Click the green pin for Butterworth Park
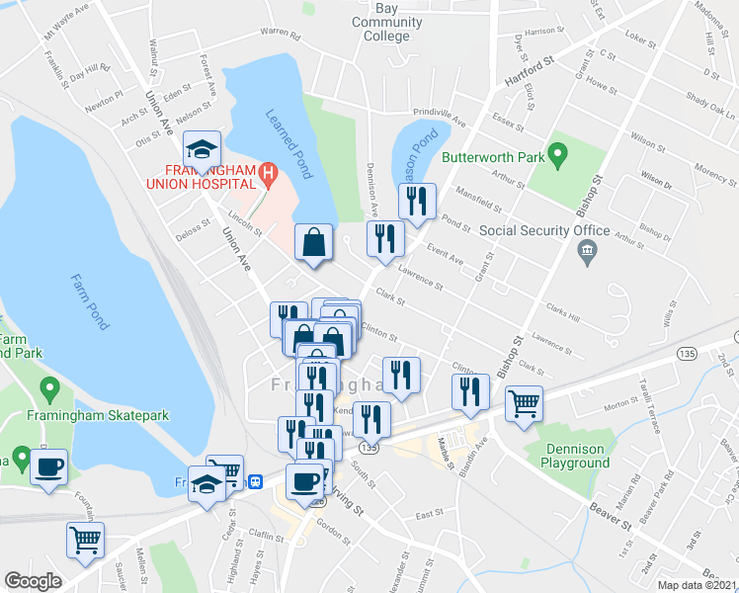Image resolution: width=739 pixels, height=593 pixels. [557, 155]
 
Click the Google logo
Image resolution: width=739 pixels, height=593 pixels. [33, 580]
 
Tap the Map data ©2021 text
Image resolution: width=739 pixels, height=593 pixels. [697, 585]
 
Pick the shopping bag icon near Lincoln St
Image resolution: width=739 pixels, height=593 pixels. [314, 242]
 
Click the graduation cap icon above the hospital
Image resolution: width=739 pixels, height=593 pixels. [203, 148]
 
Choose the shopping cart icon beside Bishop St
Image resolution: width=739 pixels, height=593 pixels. [524, 402]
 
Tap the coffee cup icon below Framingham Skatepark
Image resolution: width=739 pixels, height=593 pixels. [48, 467]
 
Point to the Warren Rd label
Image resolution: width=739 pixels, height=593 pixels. [280, 34]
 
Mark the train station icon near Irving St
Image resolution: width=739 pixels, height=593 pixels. [257, 481]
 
